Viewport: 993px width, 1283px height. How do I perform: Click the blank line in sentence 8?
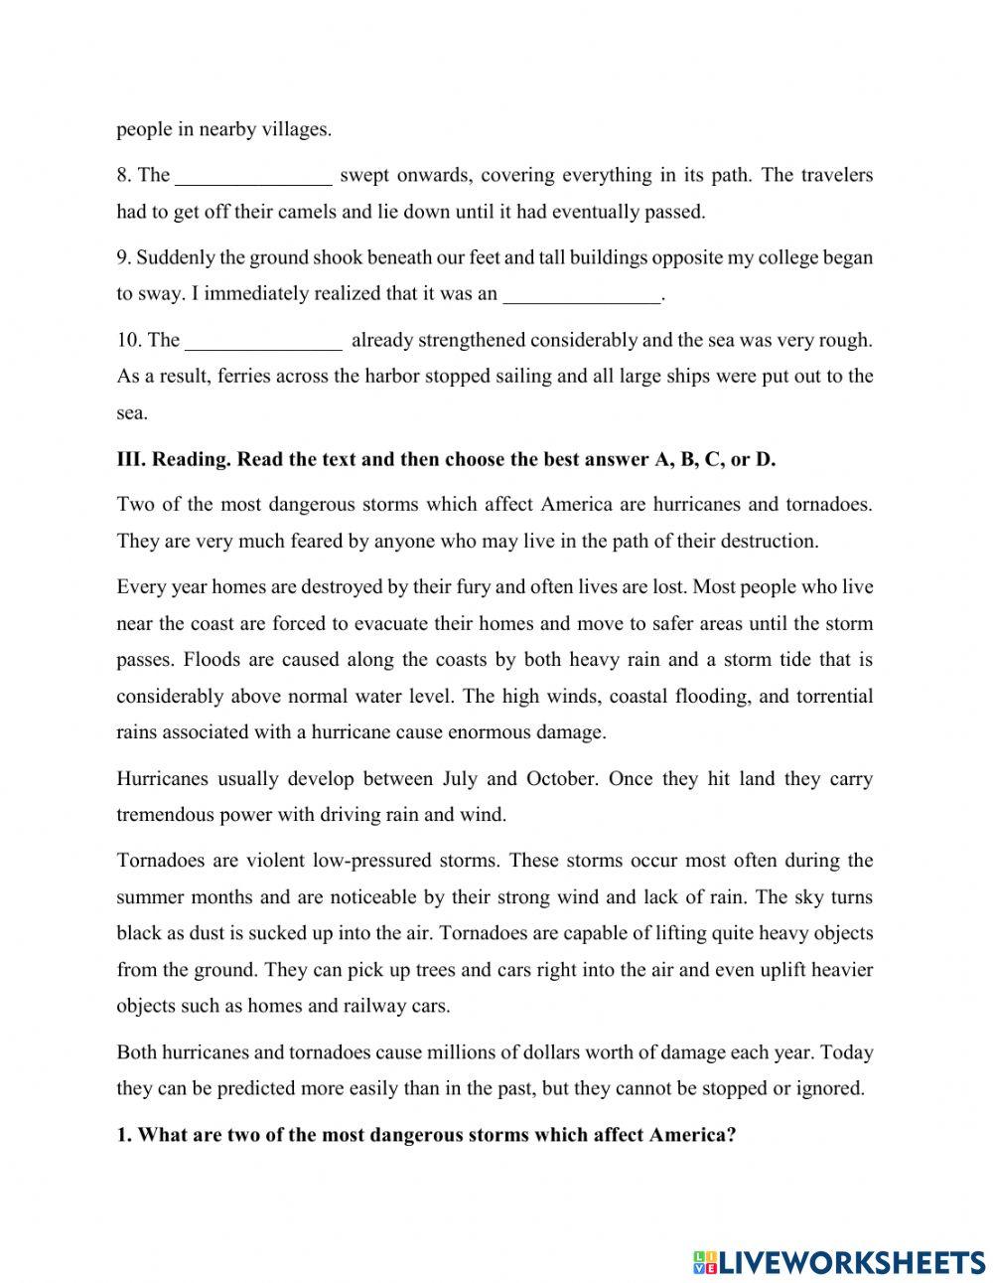pos(253,178)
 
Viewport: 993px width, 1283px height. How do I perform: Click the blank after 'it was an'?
pos(582,295)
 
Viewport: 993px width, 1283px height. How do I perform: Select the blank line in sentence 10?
pos(264,342)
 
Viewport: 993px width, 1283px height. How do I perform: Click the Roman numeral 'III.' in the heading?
pos(131,459)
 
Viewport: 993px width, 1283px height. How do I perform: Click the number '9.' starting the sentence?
pos(124,258)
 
